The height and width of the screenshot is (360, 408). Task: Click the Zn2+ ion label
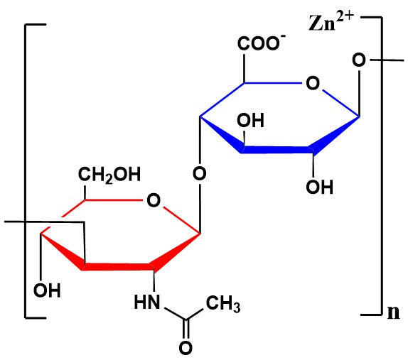click(x=331, y=21)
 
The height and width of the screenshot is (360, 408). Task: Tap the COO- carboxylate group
click(x=262, y=43)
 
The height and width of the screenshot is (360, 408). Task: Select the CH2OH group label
click(x=109, y=175)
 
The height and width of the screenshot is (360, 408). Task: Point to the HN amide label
click(x=147, y=302)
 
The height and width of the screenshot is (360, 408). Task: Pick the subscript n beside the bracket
click(x=393, y=312)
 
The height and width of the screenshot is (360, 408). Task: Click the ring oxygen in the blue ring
click(x=313, y=84)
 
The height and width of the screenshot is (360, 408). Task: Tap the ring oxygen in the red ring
click(x=154, y=200)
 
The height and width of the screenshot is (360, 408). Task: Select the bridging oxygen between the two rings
click(x=200, y=173)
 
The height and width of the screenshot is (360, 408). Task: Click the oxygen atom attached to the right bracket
click(x=359, y=60)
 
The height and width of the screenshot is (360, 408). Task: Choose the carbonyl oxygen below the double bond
click(x=186, y=348)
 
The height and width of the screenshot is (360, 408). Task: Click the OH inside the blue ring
click(x=250, y=120)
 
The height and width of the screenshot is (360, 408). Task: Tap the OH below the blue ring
click(x=319, y=187)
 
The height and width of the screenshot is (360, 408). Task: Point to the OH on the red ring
click(x=47, y=290)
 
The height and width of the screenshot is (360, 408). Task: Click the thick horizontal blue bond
click(x=277, y=150)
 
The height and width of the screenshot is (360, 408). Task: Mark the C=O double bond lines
click(x=186, y=329)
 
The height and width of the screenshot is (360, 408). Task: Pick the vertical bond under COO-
click(x=244, y=69)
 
